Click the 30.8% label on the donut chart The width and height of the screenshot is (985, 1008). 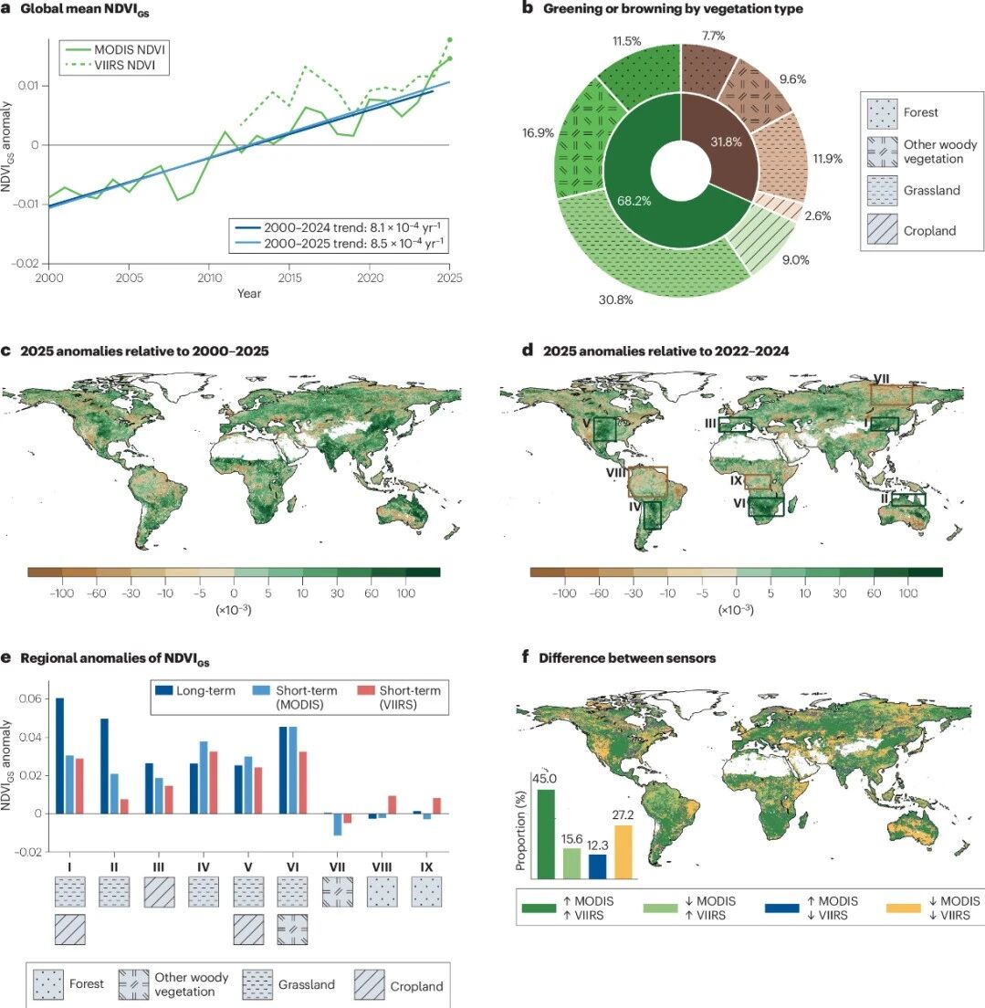615,299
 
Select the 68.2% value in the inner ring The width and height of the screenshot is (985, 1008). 634,201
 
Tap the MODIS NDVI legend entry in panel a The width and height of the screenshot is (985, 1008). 115,49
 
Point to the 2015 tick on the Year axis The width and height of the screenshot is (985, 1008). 290,278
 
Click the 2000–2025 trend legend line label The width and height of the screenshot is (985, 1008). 353,244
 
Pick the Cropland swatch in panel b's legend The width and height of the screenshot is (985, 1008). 882,229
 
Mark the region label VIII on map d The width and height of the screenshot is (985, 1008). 616,473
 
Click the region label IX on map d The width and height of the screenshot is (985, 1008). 736,480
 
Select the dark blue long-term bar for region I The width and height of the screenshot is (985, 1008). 60,756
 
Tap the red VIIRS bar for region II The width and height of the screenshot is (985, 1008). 124,806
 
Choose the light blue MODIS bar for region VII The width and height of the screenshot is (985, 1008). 338,824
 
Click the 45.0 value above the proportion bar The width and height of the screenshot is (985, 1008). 544,779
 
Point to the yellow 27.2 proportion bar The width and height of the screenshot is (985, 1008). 623,852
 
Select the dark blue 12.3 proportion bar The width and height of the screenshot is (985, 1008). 597,866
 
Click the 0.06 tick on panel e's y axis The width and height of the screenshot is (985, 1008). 30,698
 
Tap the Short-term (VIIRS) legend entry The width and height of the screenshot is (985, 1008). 399,697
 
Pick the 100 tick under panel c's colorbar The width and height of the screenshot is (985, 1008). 405,593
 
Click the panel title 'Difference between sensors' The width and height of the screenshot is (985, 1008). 627,657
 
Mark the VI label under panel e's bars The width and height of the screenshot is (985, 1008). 292,866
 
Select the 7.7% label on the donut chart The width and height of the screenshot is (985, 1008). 713,36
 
